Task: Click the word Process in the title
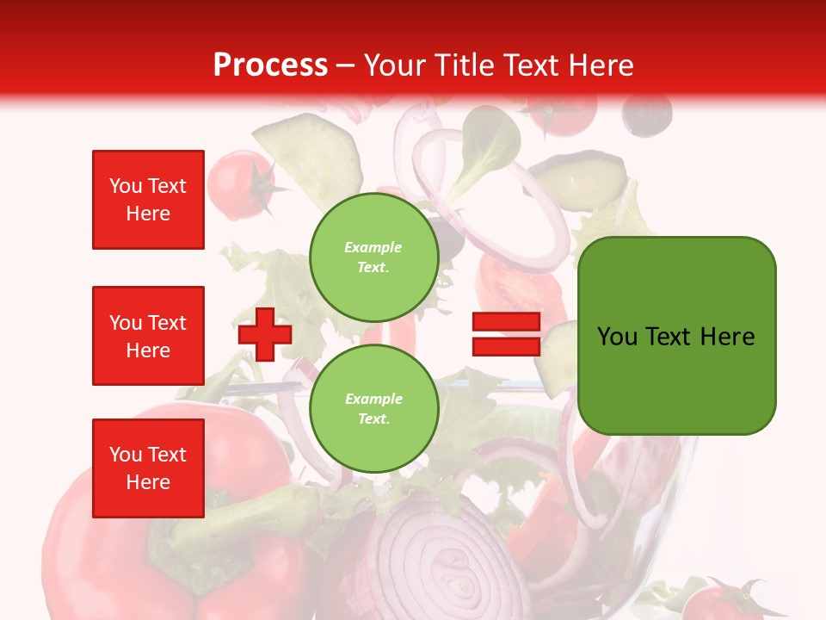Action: [270, 65]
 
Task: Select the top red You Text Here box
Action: [148, 200]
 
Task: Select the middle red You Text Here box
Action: [148, 336]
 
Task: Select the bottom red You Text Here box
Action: [148, 468]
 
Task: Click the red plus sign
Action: [265, 334]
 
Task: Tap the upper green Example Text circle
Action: [373, 257]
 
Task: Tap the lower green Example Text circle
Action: [373, 408]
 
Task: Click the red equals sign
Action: [506, 334]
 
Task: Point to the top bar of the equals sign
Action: [506, 322]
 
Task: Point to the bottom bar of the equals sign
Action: [506, 346]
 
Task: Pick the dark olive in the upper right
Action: [646, 114]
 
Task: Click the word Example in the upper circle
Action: [373, 247]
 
